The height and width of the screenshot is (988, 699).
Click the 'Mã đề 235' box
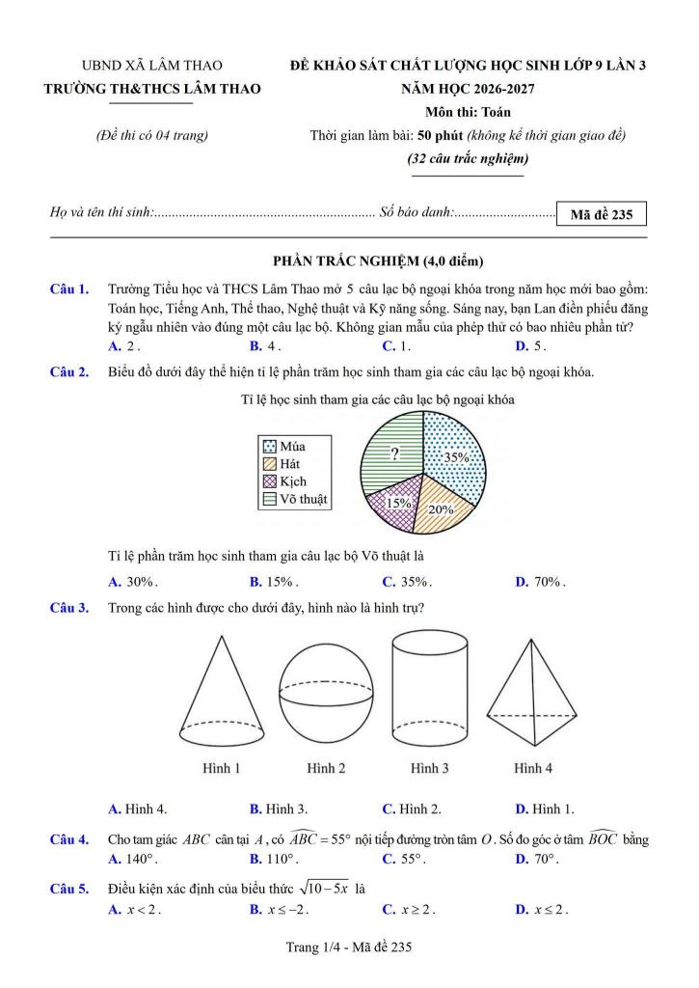pyautogui.click(x=601, y=214)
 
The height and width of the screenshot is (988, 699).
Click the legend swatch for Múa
pyautogui.click(x=271, y=447)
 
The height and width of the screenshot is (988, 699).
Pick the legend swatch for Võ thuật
pyautogui.click(x=271, y=499)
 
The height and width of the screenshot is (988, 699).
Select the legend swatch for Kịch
pyautogui.click(x=271, y=481)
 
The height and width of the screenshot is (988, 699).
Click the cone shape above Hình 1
pyautogui.click(x=221, y=695)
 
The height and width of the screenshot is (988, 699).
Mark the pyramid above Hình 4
pyautogui.click(x=532, y=695)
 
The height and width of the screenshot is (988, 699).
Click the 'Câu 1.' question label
pyautogui.click(x=69, y=288)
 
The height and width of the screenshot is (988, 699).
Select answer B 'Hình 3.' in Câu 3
pyautogui.click(x=276, y=809)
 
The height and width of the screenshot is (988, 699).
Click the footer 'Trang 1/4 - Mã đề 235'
pyautogui.click(x=349, y=948)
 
